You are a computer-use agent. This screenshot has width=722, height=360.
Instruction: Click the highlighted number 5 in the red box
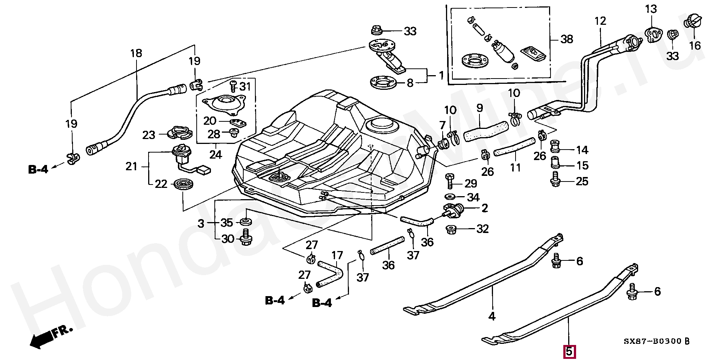click(x=569, y=352)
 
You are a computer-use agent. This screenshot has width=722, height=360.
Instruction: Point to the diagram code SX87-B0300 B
click(x=657, y=342)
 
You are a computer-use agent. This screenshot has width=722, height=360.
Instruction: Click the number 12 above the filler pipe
click(x=601, y=21)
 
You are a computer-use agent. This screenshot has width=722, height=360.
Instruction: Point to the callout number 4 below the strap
click(x=492, y=316)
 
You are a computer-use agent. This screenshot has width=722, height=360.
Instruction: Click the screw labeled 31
click(x=233, y=86)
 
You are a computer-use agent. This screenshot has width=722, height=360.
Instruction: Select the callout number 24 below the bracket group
click(x=215, y=154)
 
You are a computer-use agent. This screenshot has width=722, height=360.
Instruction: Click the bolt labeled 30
click(x=246, y=238)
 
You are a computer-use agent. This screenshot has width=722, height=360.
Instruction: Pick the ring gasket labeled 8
click(x=384, y=83)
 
